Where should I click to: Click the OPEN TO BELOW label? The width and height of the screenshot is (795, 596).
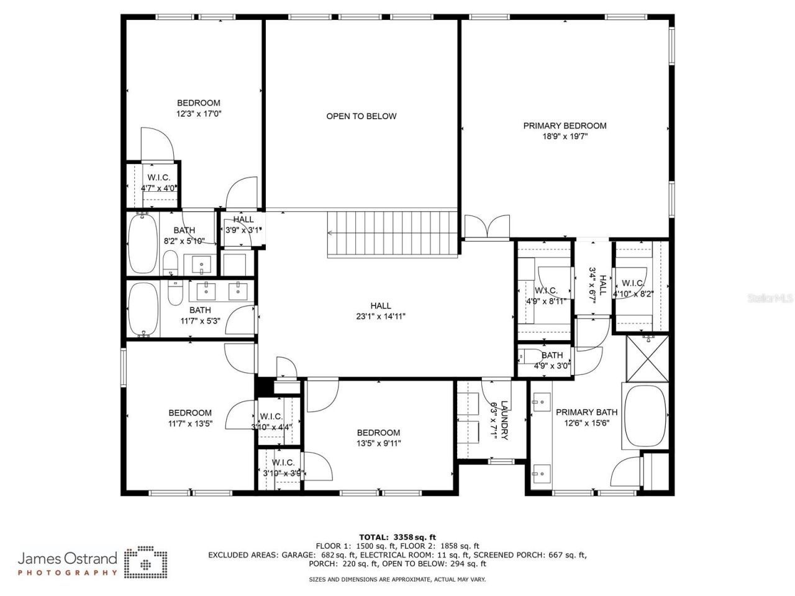[x=361, y=116]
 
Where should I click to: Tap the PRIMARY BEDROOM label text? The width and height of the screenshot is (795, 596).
[x=565, y=125]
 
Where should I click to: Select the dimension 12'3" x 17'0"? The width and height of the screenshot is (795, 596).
[x=199, y=114]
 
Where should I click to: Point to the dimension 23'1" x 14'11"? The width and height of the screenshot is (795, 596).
[x=381, y=316]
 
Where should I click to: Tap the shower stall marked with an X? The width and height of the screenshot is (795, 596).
[x=647, y=358]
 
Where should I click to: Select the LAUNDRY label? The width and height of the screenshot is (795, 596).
[x=504, y=420]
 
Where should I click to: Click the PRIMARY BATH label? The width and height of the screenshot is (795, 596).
[x=586, y=412]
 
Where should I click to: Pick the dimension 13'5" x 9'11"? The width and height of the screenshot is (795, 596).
[x=378, y=443]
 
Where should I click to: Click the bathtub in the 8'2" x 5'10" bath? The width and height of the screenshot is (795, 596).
[x=142, y=243]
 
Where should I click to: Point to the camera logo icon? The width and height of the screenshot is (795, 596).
[x=145, y=562]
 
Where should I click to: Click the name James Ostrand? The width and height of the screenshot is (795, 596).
[x=67, y=558]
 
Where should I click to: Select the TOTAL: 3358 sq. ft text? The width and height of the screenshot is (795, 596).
[x=397, y=536]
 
